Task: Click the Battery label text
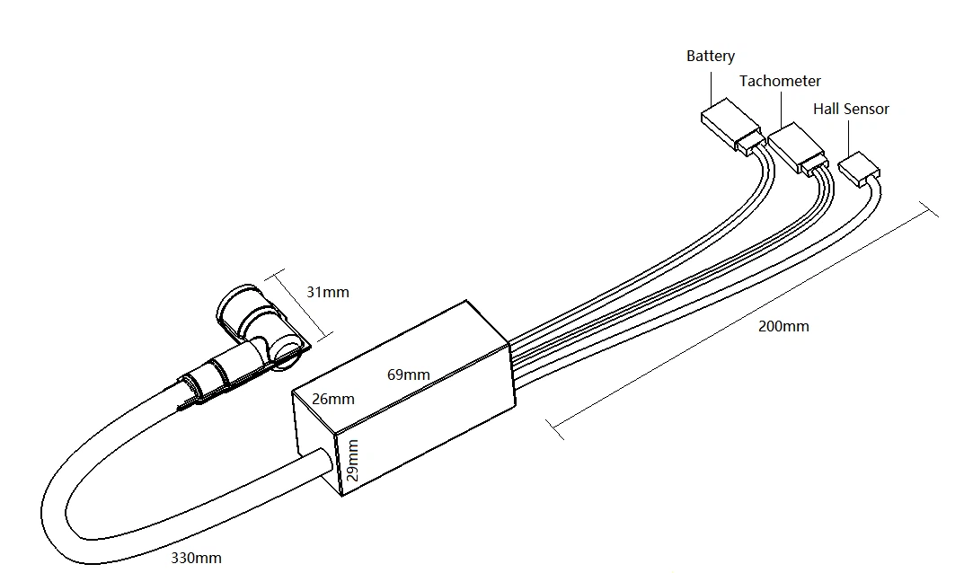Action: pyautogui.click(x=710, y=56)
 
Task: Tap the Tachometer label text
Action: pyautogui.click(x=780, y=81)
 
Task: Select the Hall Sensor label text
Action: pyautogui.click(x=851, y=109)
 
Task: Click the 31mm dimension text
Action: pyautogui.click(x=327, y=292)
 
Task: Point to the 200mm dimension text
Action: pyautogui.click(x=783, y=326)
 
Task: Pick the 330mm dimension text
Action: pyautogui.click(x=196, y=558)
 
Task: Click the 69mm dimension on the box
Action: pyautogui.click(x=408, y=375)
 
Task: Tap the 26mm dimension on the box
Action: pyautogui.click(x=332, y=399)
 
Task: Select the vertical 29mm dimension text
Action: pyautogui.click(x=352, y=460)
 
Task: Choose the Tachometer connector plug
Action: pyautogui.click(x=794, y=148)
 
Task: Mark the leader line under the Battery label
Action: pyautogui.click(x=712, y=87)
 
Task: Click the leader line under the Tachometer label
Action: pyautogui.click(x=781, y=109)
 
